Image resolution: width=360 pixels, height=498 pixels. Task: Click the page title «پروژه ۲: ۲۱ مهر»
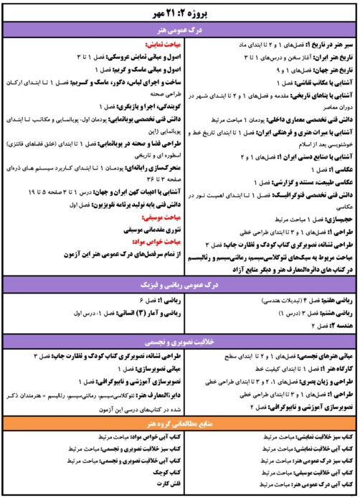coord(179,12)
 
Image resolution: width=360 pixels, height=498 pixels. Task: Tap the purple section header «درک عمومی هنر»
coord(179,29)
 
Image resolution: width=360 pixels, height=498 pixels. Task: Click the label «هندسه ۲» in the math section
coord(340,324)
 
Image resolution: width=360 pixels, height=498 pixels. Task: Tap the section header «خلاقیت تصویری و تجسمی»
coord(179,342)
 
